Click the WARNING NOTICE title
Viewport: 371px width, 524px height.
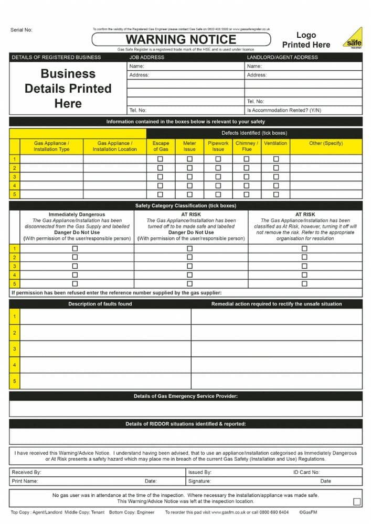(x=181, y=39)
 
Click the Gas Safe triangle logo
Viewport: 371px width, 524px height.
(x=353, y=38)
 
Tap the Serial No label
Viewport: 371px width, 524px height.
(x=22, y=30)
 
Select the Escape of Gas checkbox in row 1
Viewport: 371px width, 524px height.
(x=161, y=159)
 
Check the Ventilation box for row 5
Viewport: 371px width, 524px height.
(x=276, y=194)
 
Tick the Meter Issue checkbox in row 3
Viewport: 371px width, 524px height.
(x=189, y=177)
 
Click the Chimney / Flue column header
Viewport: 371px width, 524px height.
(x=247, y=146)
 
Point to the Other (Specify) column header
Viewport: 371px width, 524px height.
(x=326, y=143)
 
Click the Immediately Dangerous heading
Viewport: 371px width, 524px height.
(x=77, y=214)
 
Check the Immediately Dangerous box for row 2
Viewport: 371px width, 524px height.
(x=75, y=257)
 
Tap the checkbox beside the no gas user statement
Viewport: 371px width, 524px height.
(x=357, y=501)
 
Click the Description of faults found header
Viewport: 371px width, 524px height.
(x=100, y=304)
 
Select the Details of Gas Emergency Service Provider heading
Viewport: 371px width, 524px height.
(x=185, y=396)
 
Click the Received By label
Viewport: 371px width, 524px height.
(x=26, y=472)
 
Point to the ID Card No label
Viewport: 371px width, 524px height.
(x=306, y=472)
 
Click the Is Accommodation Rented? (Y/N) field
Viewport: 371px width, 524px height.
(x=284, y=111)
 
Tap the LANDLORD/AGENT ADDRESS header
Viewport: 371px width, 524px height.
(x=282, y=57)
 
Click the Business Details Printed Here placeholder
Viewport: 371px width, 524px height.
(x=68, y=89)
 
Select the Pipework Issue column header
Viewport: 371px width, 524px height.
(x=218, y=146)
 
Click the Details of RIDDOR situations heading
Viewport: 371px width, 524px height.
(x=185, y=424)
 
